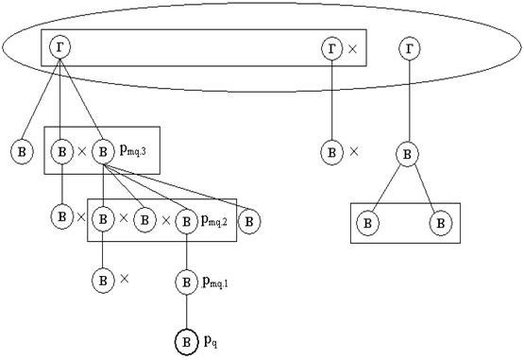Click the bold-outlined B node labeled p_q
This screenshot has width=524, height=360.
click(x=187, y=342)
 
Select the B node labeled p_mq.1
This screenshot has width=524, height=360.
click(x=187, y=282)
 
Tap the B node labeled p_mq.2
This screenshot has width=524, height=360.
click(x=187, y=221)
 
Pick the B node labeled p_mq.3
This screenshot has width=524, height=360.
click(x=103, y=152)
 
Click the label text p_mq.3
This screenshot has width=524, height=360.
click(x=133, y=151)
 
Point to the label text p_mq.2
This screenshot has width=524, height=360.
click(x=214, y=221)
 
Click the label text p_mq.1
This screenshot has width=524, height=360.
click(x=215, y=283)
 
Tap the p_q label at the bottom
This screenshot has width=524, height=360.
click(x=211, y=342)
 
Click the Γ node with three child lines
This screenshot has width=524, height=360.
click(x=59, y=47)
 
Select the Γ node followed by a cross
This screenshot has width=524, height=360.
click(x=331, y=49)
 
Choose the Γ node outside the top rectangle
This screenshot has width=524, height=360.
click(x=410, y=49)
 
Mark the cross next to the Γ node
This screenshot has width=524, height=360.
click(x=352, y=49)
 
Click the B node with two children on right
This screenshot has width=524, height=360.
click(x=407, y=155)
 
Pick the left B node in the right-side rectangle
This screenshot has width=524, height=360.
click(x=367, y=223)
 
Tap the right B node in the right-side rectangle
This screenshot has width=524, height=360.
click(x=441, y=223)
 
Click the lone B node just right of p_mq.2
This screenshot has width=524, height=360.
click(x=249, y=221)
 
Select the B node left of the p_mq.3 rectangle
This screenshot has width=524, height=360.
click(x=22, y=152)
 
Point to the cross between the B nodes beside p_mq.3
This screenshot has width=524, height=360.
click(x=82, y=152)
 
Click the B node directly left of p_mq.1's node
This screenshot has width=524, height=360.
click(x=103, y=280)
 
